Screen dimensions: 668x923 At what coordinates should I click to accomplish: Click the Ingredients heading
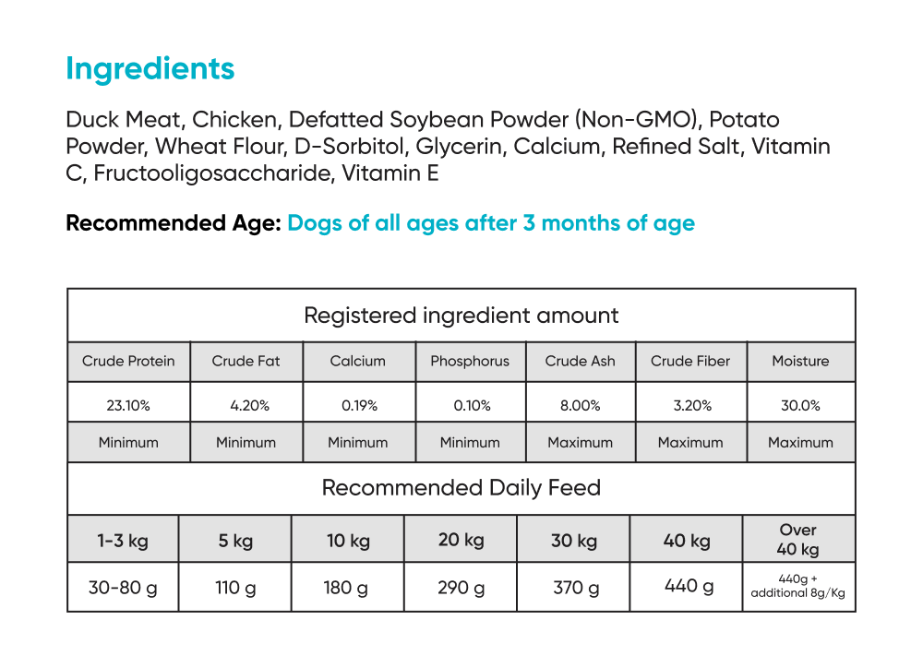coord(150,69)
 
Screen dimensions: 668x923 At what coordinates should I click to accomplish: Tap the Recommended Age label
coord(174,223)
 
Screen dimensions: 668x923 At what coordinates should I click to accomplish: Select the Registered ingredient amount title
coord(461,316)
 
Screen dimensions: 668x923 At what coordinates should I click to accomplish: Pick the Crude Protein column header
coord(128,362)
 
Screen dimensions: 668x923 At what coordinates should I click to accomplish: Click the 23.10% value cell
coord(128,405)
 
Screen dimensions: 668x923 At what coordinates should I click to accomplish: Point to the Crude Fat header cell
coord(246,362)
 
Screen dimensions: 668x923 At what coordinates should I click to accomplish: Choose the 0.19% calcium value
coord(358,405)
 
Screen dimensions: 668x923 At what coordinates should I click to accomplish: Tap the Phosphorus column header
coord(470,362)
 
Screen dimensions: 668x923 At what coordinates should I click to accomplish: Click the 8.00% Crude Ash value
coord(580,405)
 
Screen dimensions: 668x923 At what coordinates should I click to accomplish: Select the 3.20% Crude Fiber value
coord(690,405)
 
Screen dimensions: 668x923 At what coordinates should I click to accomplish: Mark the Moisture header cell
coord(800,362)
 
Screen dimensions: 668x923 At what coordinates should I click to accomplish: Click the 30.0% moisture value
coord(800,405)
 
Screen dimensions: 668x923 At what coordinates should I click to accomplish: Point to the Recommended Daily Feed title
coord(461,488)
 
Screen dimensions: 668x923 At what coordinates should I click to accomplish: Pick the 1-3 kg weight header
coord(123,541)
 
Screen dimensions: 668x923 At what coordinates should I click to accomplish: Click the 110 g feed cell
coord(234,587)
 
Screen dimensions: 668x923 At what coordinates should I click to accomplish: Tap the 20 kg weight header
coord(460,540)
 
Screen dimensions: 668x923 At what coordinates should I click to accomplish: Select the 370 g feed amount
coord(574,587)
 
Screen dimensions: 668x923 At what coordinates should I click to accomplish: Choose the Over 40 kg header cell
coord(798,540)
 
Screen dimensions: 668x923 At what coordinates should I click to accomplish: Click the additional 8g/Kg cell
coord(798,587)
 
